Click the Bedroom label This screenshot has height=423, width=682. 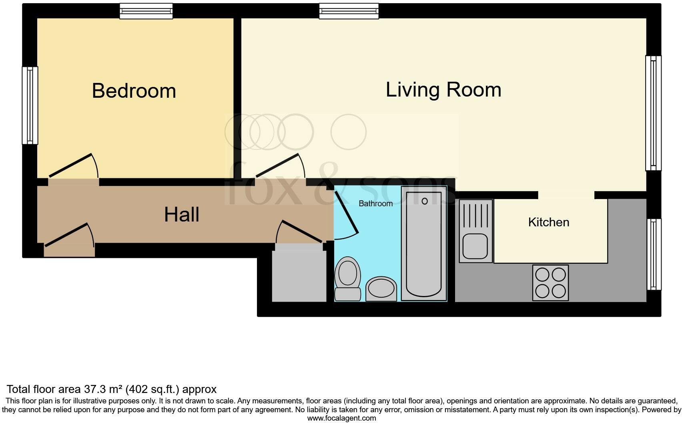tap(134, 91)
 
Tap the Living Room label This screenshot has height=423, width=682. tap(443, 89)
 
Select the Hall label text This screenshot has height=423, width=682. tap(181, 215)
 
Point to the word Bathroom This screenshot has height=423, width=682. tap(375, 203)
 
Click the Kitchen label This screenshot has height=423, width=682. tap(548, 222)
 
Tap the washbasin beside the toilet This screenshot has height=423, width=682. tap(381, 288)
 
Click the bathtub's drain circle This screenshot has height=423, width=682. tap(424, 201)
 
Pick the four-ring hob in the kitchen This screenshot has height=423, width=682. tap(550, 283)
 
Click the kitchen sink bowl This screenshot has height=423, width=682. tap(475, 246)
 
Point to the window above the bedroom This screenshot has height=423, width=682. tap(146, 11)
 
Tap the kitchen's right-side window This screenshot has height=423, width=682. tap(654, 254)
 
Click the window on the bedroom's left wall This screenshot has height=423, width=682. tap(30, 105)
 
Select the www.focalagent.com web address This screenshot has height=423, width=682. tap(341, 418)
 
